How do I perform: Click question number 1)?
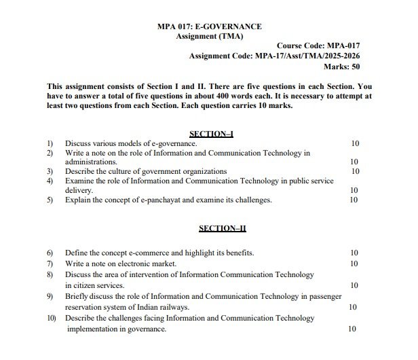pos(50,144)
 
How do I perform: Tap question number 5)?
pos(50,200)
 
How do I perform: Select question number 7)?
pos(50,263)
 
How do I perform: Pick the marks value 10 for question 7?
pos(354,263)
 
